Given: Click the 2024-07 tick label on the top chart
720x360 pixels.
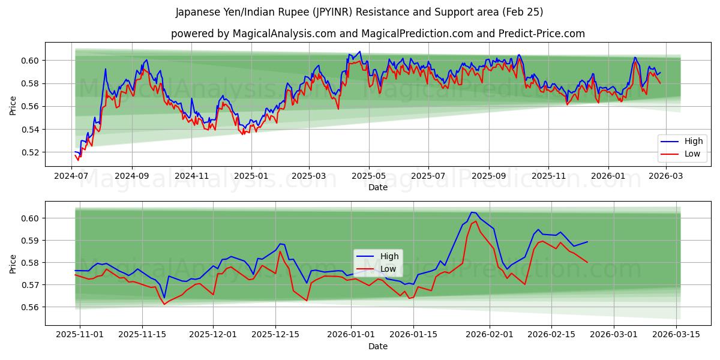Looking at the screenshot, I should click(x=72, y=176).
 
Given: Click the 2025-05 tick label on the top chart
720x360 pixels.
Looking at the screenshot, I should click(x=369, y=176).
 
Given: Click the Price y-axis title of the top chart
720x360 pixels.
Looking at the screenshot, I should click(x=13, y=106).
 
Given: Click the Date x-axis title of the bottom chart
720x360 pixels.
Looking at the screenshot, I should click(x=378, y=346).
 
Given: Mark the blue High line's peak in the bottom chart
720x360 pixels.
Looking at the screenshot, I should click(x=472, y=212).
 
